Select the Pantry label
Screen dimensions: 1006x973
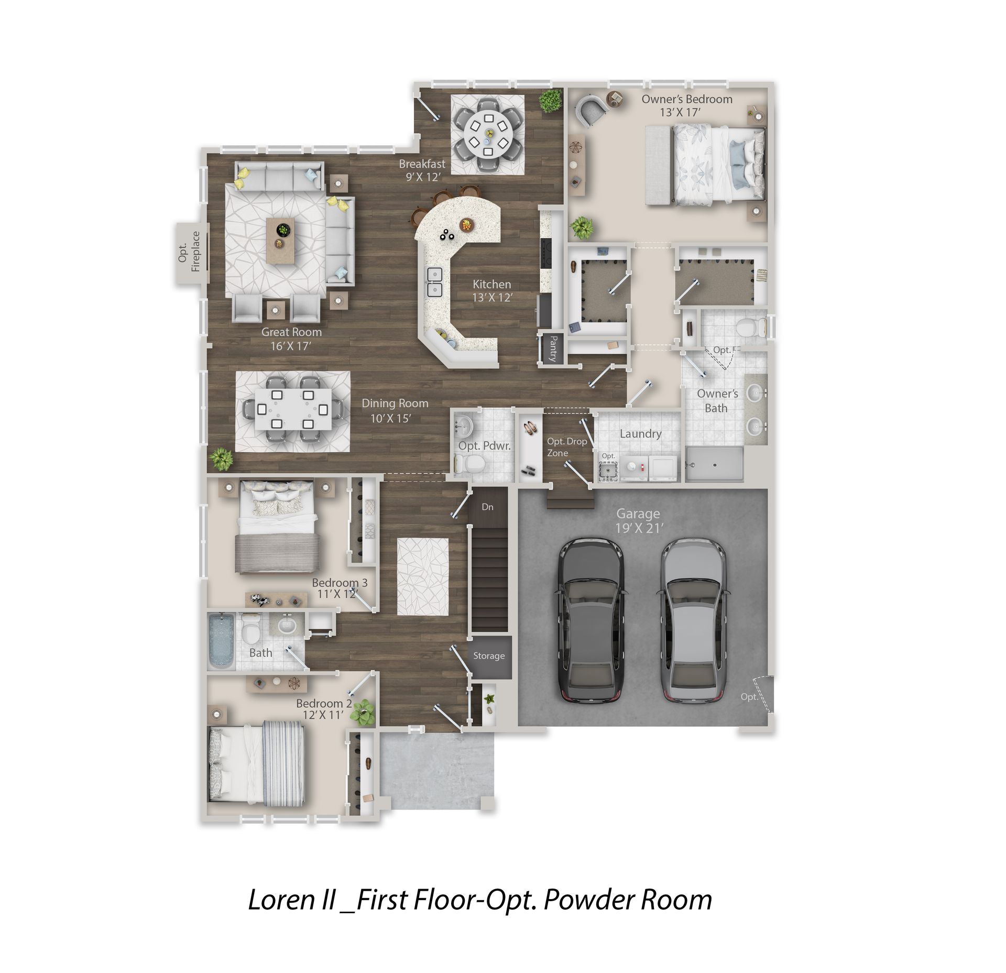552,348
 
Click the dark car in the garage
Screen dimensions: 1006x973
592,620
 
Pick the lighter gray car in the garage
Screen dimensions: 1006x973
692,620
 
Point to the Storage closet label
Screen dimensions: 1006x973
489,655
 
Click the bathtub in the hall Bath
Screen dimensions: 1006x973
222,641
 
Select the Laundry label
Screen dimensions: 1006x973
640,434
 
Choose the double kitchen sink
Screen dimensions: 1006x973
435,282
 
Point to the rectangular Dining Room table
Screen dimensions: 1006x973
294,409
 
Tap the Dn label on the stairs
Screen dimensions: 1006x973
487,507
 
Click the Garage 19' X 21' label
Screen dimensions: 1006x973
639,521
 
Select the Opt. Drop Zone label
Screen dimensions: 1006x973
567,447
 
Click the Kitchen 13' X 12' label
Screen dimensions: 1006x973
492,291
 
